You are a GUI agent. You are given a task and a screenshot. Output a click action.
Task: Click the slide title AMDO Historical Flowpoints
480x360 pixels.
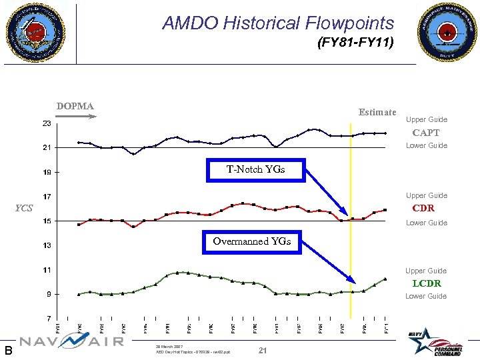278,23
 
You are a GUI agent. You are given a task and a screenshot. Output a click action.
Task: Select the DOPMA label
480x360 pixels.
75,106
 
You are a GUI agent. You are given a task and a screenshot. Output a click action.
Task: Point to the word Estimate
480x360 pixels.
377,112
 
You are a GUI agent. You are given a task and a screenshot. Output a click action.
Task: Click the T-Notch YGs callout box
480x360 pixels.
255,169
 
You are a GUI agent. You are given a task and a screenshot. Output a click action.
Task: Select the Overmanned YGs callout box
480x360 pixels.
251,241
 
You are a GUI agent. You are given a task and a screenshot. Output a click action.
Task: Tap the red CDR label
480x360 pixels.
423,208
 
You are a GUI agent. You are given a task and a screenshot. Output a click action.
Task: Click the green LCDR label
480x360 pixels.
425,283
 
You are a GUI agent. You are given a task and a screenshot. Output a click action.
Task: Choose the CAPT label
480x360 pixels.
425,133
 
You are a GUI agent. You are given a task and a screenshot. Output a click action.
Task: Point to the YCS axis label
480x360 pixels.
24,208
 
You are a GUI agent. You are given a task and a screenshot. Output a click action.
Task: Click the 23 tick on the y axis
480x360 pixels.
47,124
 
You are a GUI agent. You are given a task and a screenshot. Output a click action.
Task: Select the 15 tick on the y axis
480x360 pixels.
47,221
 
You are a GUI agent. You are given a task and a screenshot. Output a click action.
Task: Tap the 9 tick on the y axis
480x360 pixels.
49,294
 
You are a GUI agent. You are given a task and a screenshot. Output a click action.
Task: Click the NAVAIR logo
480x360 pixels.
71,341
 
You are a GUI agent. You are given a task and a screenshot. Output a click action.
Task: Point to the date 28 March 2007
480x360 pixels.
169,347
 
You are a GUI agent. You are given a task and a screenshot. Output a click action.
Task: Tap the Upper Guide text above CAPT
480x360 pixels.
426,120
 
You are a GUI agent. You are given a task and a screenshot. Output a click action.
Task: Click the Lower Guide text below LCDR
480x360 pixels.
426,296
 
